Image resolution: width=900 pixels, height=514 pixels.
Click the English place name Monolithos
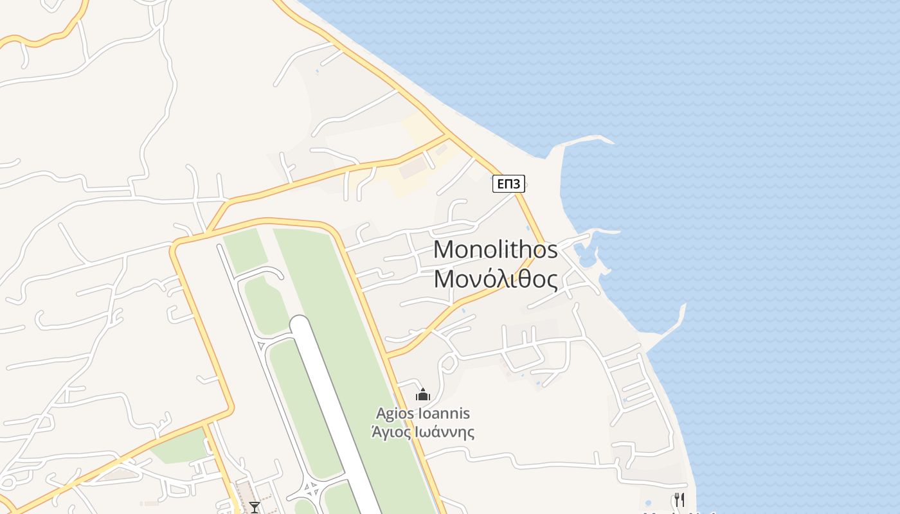495,249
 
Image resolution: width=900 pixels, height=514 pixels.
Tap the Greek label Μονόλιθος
495,279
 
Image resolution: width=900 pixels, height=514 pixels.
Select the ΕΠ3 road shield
509,184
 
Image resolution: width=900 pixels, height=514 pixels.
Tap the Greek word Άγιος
390,432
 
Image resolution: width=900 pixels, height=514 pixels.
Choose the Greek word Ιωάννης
444,432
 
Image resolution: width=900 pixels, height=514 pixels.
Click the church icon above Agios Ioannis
422,394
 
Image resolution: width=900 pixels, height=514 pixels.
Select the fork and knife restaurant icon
679,500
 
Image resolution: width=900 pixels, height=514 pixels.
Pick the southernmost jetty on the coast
669,328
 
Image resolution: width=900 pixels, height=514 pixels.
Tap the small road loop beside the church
449,364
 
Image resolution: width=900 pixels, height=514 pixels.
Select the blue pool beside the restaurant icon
649,502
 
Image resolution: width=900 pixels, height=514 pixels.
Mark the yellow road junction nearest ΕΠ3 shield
447,136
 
